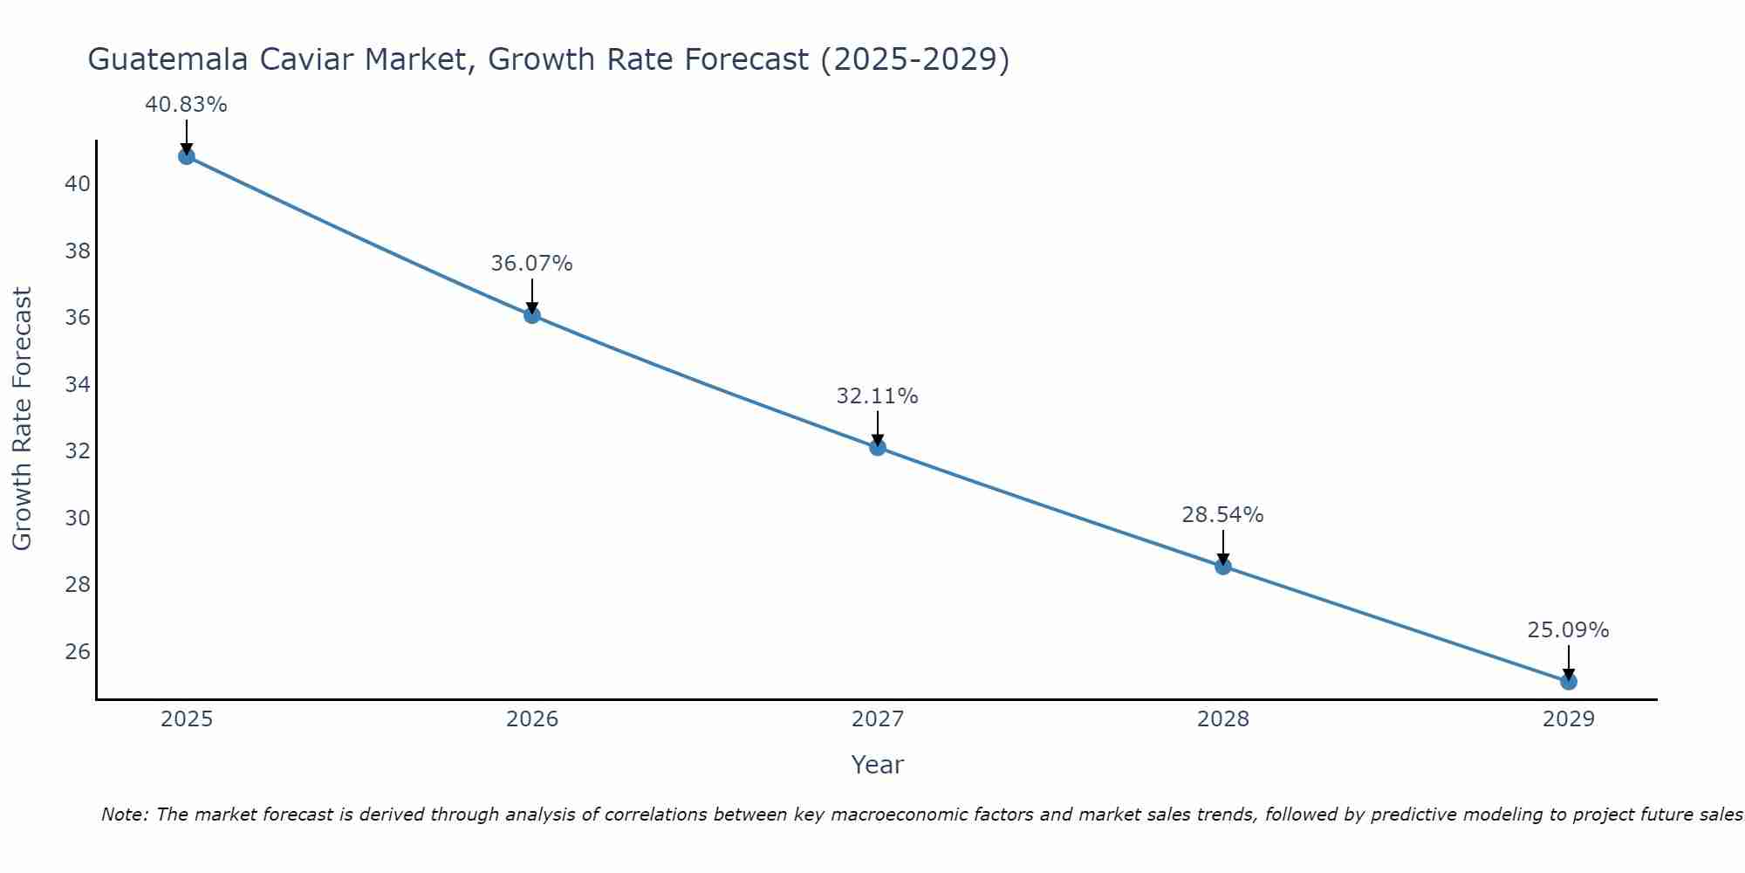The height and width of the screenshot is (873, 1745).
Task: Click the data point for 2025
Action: (x=186, y=156)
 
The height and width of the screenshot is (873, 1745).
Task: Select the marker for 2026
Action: (x=532, y=315)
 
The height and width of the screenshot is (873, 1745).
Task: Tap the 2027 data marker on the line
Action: (x=878, y=447)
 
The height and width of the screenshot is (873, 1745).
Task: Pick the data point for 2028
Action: (x=1223, y=567)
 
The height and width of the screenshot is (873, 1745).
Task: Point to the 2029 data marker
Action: (x=1569, y=681)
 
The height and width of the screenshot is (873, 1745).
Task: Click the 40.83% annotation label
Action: (x=186, y=105)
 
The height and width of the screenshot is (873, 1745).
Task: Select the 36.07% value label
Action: (x=531, y=264)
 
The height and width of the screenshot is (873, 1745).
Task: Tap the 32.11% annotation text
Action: (x=877, y=396)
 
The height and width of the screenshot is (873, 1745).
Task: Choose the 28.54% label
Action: (x=1222, y=515)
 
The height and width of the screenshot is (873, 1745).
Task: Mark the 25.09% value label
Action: (x=1568, y=630)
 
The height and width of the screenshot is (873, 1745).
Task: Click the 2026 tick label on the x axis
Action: (x=532, y=719)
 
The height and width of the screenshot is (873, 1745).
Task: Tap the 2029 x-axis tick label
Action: (x=1569, y=719)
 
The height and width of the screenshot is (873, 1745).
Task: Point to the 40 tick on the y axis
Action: (x=78, y=184)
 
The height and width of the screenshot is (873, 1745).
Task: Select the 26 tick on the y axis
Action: (x=78, y=652)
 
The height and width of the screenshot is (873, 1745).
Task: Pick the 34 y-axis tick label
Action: (x=78, y=384)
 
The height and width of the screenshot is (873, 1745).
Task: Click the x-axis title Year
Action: (x=877, y=765)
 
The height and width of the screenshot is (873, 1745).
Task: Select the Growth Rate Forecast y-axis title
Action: (x=23, y=419)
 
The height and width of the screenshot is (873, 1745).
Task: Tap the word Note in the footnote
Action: (x=125, y=815)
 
